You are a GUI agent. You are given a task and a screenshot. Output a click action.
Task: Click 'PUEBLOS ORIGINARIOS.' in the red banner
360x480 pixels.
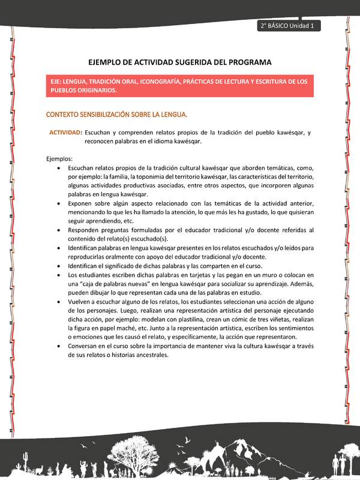pyautogui.click(x=83, y=90)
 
